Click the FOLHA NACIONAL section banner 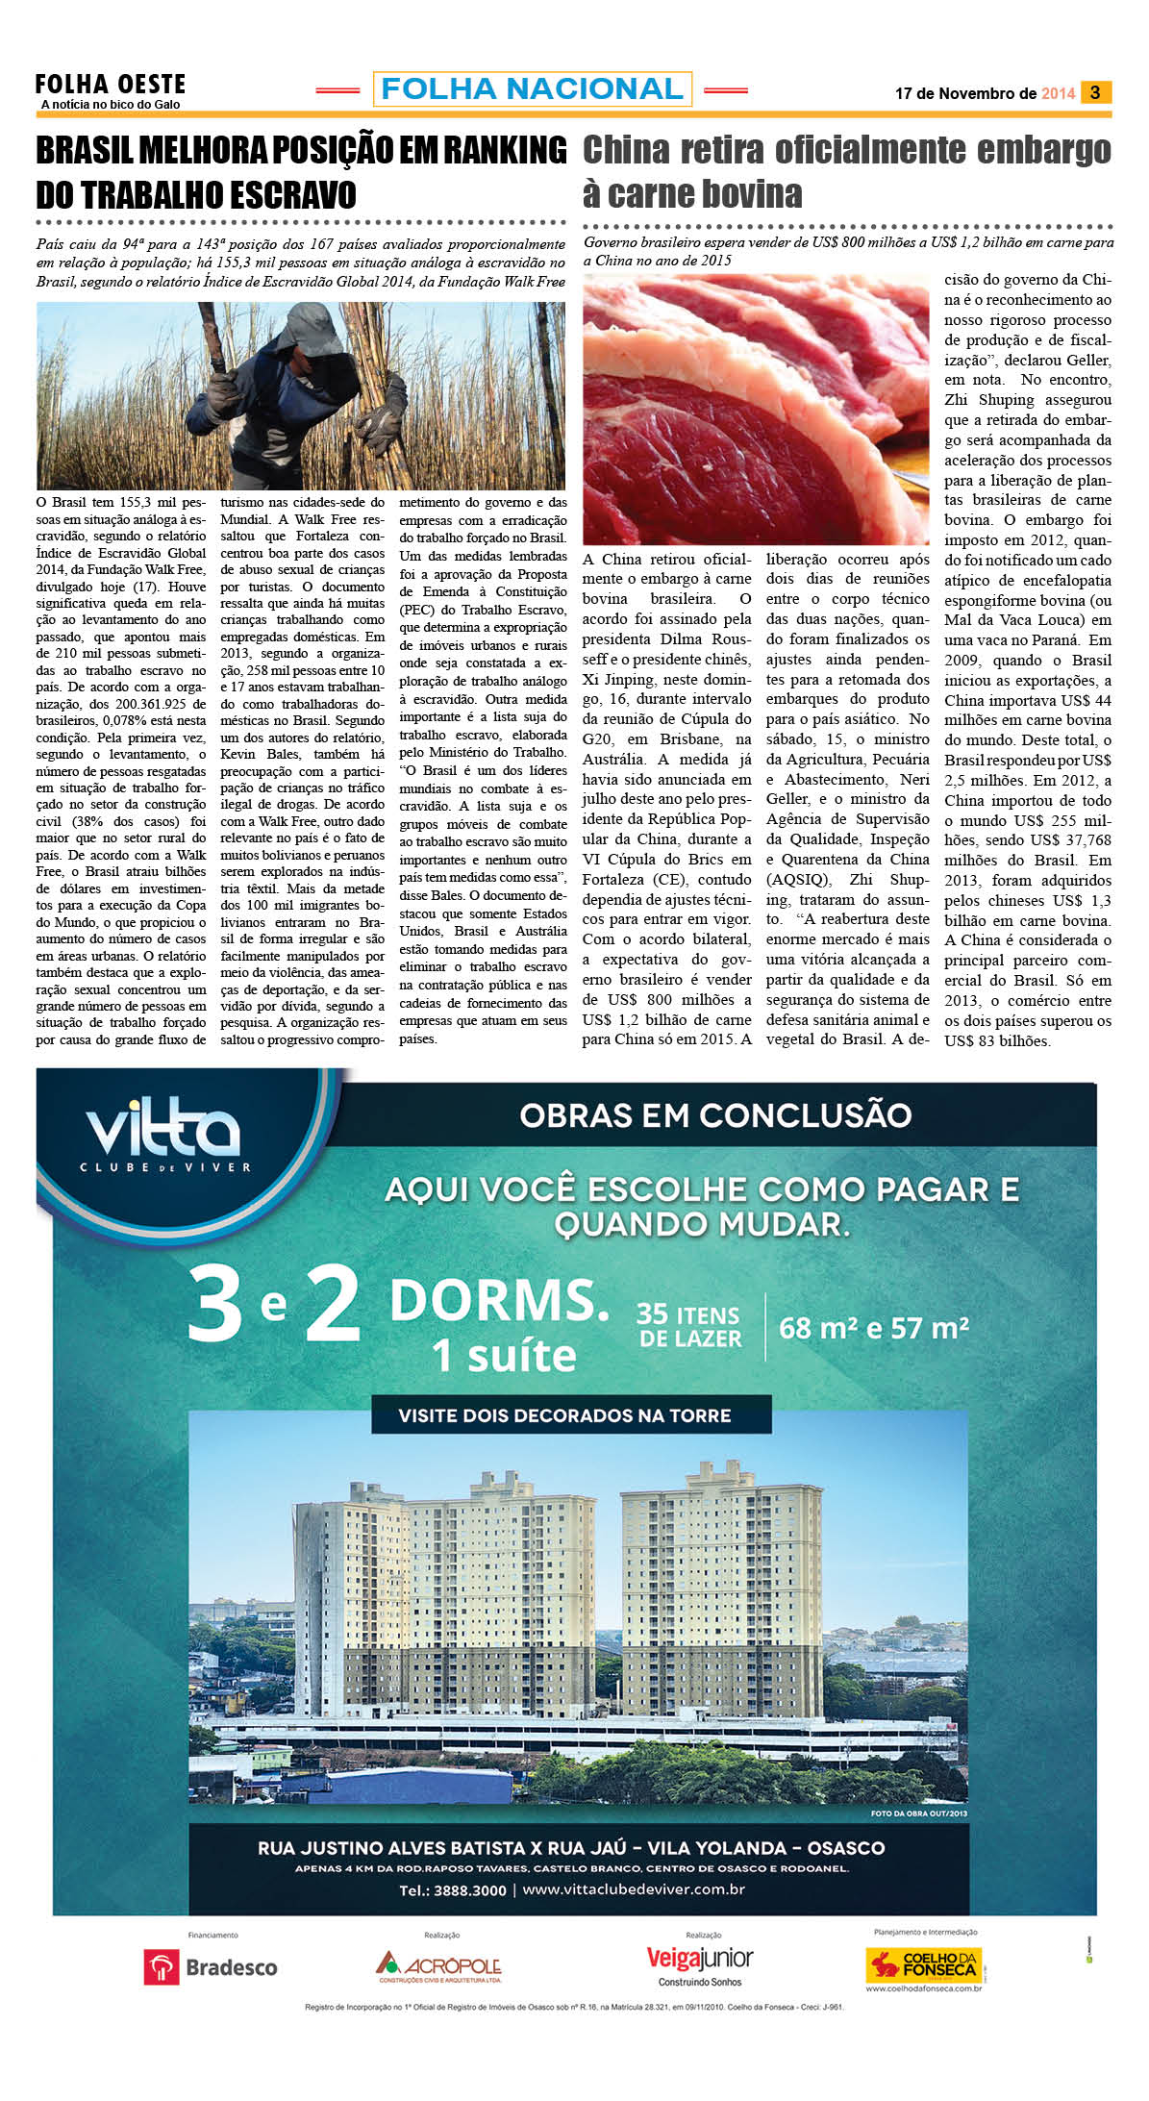click(532, 89)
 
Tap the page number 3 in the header click(1094, 92)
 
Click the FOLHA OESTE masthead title click(111, 85)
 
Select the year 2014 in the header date click(1058, 93)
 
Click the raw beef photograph click(756, 409)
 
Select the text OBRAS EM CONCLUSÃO click(715, 1115)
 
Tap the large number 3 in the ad click(215, 1305)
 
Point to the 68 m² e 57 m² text click(873, 1328)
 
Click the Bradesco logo click(211, 1967)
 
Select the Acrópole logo click(439, 1966)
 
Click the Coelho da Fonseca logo click(923, 1964)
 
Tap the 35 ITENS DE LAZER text click(689, 1327)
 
